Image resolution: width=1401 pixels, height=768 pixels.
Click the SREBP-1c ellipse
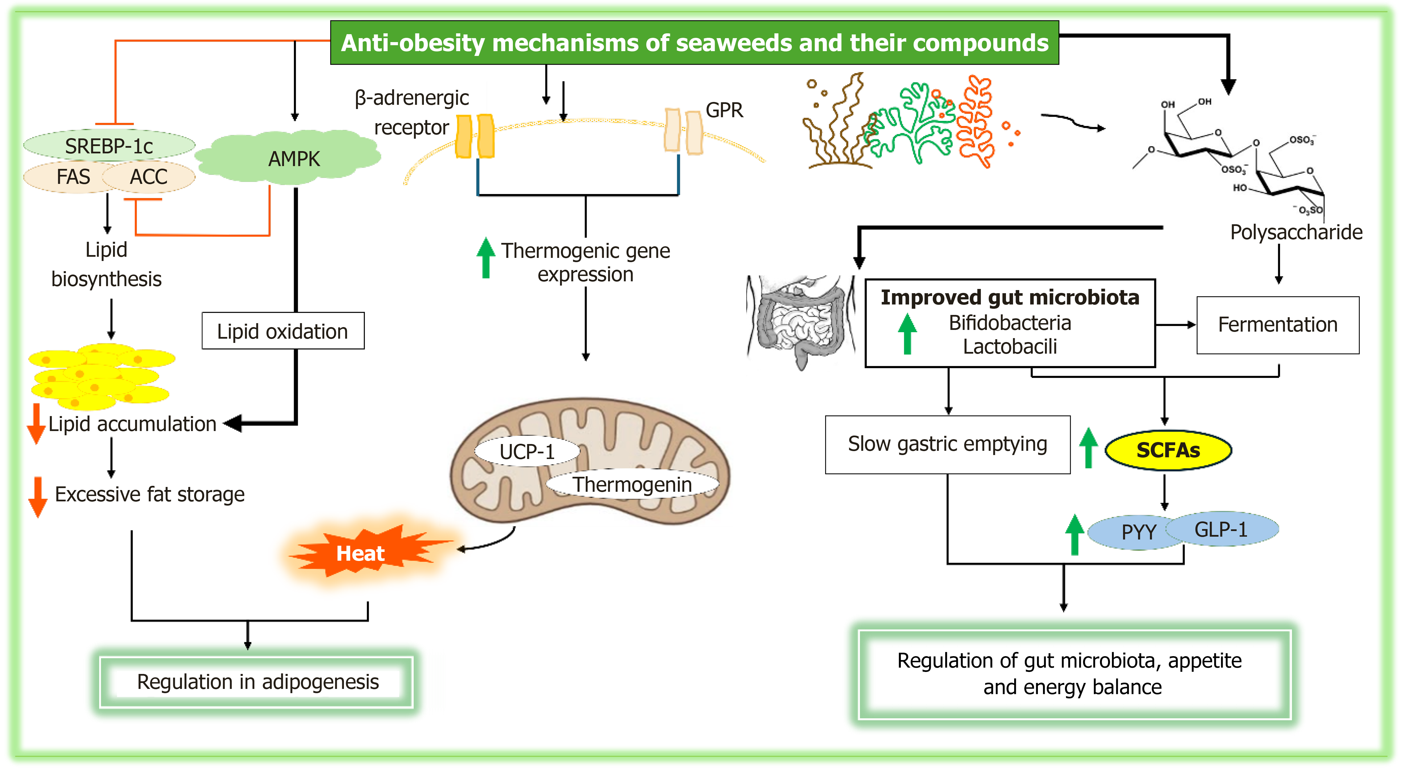tap(109, 146)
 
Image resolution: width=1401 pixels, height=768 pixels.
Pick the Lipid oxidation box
tap(283, 331)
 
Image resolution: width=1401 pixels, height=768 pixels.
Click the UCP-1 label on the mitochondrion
tap(526, 451)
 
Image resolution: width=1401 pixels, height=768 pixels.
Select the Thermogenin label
tap(632, 484)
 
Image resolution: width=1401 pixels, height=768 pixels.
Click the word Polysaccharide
tap(1296, 232)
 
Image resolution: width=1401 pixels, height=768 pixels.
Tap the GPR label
tap(724, 110)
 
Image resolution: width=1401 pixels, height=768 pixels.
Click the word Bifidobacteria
tap(1009, 323)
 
